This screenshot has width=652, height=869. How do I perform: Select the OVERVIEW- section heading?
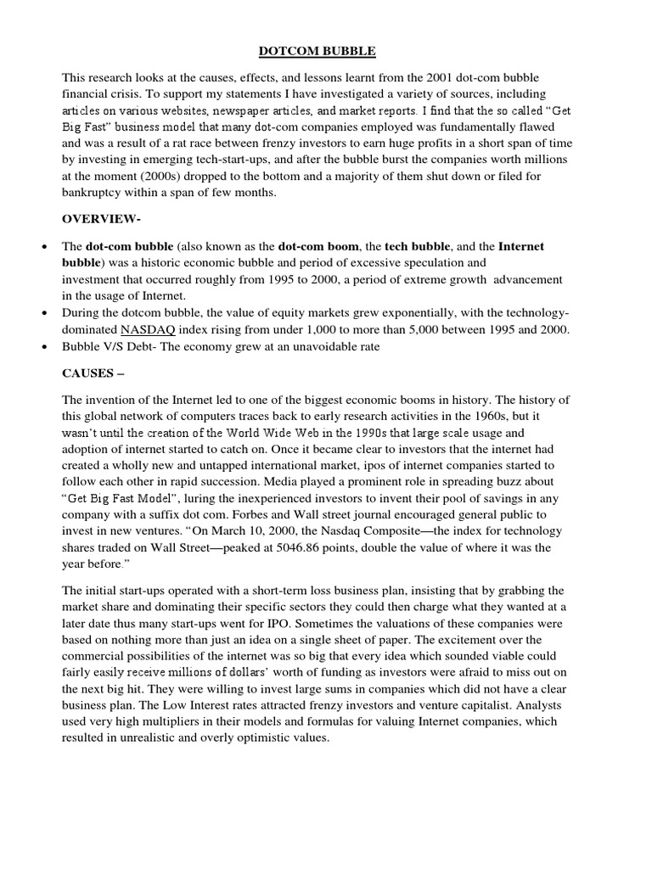tap(101, 219)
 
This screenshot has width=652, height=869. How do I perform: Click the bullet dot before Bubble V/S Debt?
tap(43, 346)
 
